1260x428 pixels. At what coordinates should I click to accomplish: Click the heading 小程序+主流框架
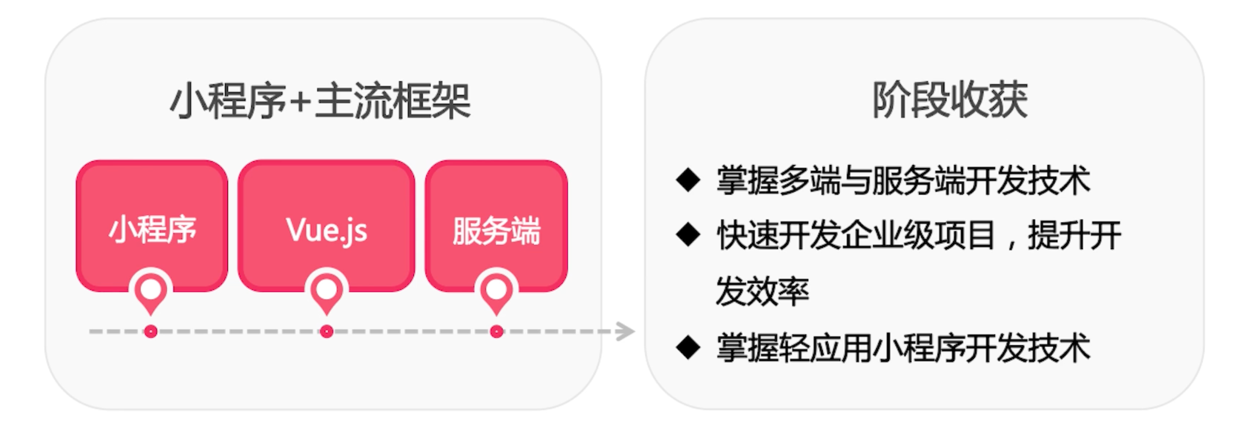320,101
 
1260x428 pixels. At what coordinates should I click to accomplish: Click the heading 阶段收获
950,100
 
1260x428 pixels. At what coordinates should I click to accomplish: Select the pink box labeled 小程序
151,226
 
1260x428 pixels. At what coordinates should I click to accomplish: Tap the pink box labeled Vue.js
326,226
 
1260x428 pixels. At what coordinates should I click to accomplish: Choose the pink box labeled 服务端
497,226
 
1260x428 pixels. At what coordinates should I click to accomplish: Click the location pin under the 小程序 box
151,291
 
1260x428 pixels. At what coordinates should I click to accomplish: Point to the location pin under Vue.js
326,291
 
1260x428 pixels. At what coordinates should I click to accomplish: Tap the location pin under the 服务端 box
497,291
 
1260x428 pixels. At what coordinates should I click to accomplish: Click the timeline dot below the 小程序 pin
151,332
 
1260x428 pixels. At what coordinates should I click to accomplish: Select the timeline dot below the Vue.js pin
326,332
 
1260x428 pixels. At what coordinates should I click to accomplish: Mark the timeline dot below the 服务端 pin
497,332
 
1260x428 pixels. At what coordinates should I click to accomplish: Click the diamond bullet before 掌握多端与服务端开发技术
689,179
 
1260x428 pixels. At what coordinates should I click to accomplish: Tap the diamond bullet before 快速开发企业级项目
689,235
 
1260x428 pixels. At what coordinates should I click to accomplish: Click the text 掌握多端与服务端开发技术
903,180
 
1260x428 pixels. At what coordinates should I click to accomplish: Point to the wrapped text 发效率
763,291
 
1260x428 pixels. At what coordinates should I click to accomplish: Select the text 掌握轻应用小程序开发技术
903,348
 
